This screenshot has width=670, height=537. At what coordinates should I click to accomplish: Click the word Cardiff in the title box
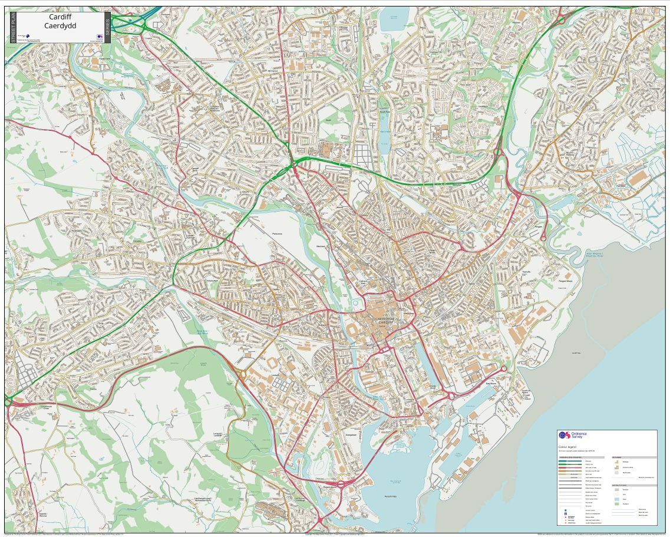coord(60,17)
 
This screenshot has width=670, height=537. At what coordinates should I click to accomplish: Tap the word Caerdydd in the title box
coord(60,26)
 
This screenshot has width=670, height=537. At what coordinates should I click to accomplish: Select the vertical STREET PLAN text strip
coord(13,27)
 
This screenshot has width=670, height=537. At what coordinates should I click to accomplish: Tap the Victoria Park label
coord(212,281)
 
